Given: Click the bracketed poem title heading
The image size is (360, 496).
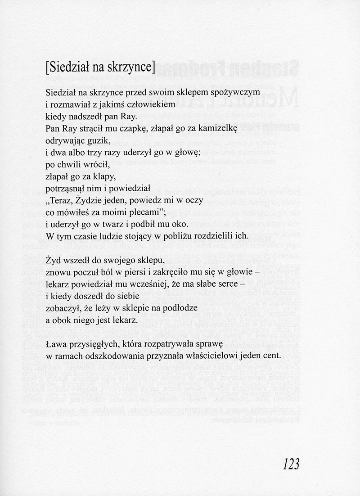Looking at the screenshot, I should click(x=100, y=67).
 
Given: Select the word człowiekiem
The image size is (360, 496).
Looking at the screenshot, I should click(x=147, y=104).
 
